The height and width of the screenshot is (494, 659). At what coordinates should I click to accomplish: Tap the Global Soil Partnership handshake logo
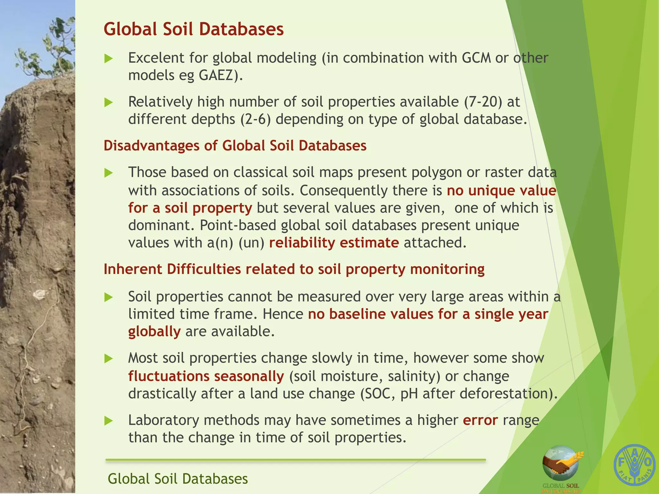(x=561, y=463)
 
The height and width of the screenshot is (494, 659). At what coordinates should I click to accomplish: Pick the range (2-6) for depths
(x=255, y=119)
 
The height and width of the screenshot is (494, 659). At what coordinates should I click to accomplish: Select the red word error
(x=480, y=420)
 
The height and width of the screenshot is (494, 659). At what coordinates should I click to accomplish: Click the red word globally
(x=154, y=332)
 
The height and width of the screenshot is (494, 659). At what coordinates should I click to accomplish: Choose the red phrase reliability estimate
(x=334, y=243)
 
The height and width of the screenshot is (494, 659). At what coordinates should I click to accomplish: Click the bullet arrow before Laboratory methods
(x=109, y=421)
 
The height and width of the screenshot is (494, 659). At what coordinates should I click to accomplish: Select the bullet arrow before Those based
(x=109, y=173)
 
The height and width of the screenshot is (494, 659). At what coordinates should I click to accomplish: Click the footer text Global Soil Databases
(x=178, y=479)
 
